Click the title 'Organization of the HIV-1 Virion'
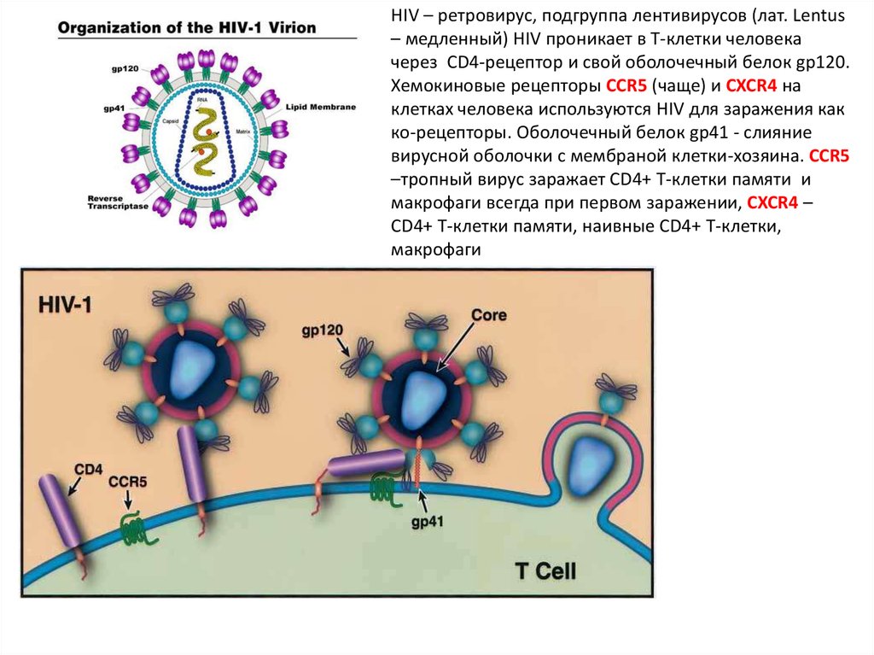[186, 27]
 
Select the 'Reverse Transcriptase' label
[117, 202]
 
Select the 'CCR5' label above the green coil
[127, 482]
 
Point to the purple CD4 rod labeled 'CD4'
[61, 512]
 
